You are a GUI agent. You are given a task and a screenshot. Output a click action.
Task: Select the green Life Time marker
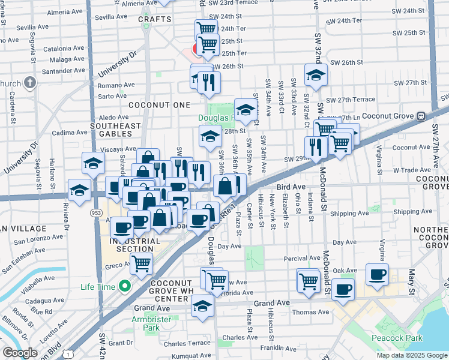point(124,287)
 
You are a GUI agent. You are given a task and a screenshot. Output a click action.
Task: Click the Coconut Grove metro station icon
point(421,116)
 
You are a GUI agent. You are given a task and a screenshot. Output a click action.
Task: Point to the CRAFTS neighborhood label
point(151,19)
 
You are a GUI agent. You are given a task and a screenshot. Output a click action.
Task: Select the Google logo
point(20,353)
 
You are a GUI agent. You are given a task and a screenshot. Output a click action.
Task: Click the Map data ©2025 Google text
point(412,355)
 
